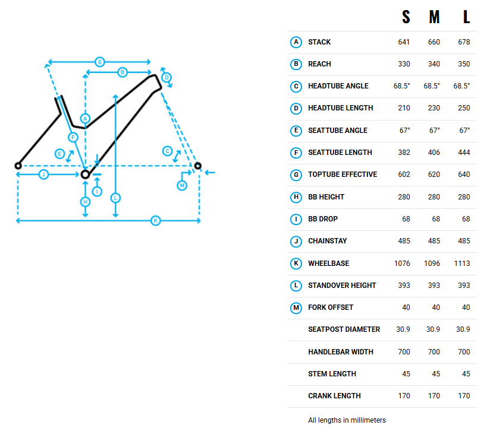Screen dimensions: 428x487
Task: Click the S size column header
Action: click(406, 17)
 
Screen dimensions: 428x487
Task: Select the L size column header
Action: click(467, 17)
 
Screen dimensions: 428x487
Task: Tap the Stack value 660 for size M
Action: click(434, 42)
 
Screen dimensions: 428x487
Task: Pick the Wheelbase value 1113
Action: click(461, 263)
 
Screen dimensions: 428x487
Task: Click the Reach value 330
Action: click(404, 64)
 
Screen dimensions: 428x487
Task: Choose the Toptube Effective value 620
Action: click(434, 175)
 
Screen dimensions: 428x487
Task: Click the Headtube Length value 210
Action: click(404, 108)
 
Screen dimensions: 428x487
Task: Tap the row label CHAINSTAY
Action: click(328, 241)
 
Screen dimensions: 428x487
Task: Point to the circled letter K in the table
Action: click(296, 263)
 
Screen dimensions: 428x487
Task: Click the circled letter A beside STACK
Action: click(296, 42)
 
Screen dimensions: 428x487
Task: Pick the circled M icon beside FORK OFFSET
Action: click(296, 307)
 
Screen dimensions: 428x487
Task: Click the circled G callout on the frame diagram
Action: click(99, 62)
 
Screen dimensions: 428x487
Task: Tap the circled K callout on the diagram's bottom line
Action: click(156, 220)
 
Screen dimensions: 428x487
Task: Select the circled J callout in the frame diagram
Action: click(43, 174)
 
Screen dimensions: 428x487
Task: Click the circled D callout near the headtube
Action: click(166, 77)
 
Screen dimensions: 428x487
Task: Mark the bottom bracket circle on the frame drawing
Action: click(85, 174)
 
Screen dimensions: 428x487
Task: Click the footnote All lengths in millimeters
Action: click(347, 420)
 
